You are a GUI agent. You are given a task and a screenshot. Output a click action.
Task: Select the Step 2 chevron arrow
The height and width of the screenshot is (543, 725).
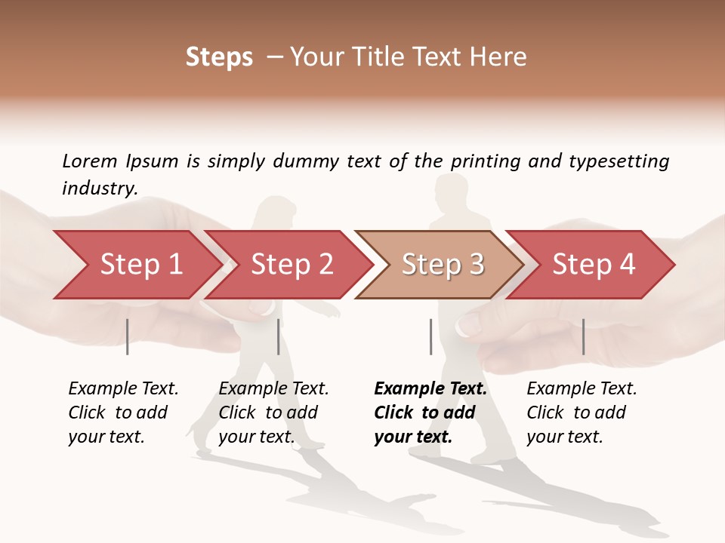pos(291,265)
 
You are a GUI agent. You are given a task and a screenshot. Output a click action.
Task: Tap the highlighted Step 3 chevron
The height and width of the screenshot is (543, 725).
pos(442,265)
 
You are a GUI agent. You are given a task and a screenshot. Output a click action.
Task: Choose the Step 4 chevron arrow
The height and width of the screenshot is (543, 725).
pos(593,265)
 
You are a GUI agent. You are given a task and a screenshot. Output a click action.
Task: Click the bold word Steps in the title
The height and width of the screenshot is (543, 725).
pos(219,57)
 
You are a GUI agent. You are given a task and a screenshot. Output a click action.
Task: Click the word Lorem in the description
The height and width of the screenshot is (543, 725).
pos(89,161)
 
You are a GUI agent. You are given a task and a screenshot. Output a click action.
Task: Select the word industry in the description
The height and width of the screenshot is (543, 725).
pos(99,189)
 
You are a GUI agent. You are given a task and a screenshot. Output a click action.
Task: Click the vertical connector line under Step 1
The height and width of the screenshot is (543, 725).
pos(128,336)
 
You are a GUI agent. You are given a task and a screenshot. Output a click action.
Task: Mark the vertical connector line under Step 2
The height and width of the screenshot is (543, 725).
pos(279,336)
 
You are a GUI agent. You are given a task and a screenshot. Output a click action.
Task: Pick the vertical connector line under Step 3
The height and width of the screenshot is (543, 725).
pos(430,336)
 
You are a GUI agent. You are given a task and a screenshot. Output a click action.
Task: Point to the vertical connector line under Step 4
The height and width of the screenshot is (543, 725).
pos(583,336)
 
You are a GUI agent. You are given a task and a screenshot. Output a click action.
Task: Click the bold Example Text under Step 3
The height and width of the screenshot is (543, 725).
pos(430,389)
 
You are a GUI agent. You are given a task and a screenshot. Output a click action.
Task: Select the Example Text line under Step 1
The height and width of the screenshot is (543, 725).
pos(123,389)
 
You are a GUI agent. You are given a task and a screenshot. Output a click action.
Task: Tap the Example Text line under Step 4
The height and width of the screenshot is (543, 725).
pos(582,389)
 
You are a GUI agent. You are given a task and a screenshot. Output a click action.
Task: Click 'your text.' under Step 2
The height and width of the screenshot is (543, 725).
pos(256,437)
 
